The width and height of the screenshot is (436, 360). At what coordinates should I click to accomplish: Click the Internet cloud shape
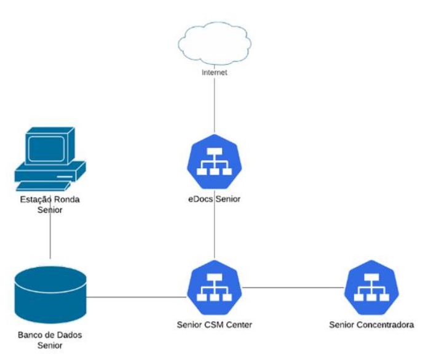[x=214, y=43]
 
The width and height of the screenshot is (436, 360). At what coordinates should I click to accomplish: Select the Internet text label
[x=214, y=73]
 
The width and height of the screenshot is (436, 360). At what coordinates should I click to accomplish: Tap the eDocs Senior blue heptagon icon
[x=213, y=162]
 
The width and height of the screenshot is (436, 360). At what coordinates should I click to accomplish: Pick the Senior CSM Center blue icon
[x=213, y=287]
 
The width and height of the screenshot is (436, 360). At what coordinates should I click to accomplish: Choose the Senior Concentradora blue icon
[x=371, y=287]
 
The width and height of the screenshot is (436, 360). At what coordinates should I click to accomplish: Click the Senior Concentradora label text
[x=371, y=324]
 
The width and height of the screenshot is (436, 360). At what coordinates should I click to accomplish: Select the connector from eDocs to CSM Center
[x=214, y=228]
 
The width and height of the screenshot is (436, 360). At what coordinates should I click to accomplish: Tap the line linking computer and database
[x=50, y=237]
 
